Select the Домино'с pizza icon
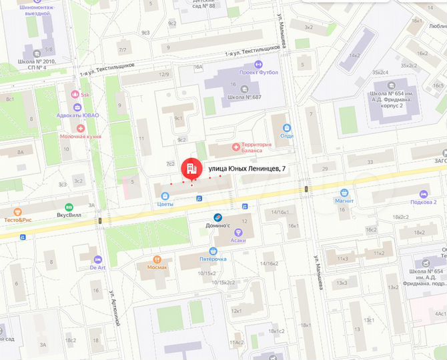coord(218,217)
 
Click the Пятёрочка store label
coord(213,259)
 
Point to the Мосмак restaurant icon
coord(157,259)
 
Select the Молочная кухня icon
coord(81,127)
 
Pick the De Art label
coord(99,267)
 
